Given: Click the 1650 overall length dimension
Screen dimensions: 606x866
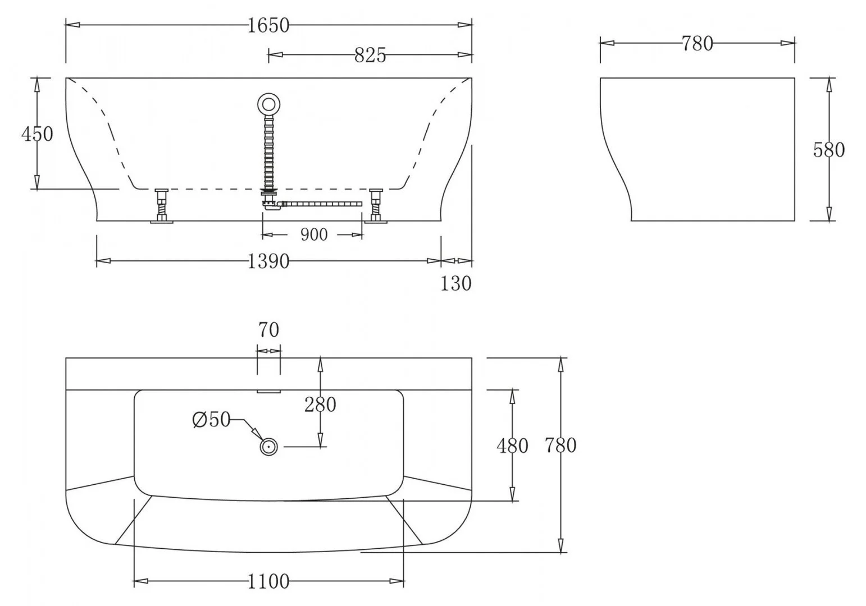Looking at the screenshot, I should [x=268, y=25].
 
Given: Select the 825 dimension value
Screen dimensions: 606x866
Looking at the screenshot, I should [x=370, y=55].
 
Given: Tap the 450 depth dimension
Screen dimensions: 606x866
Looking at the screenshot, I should [x=37, y=134].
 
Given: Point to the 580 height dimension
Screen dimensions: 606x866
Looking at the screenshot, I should [x=828, y=150].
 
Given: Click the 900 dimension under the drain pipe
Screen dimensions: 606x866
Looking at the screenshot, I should [x=313, y=235].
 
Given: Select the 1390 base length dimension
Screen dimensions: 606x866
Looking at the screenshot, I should [x=268, y=261].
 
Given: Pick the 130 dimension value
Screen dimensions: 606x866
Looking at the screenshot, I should [x=455, y=283].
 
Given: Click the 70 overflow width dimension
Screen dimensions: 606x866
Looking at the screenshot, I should [x=268, y=330].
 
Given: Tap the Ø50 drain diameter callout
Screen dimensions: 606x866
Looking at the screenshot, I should [x=211, y=419].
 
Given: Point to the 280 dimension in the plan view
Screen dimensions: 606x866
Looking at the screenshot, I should [x=320, y=404].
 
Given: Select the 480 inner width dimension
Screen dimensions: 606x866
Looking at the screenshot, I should [x=512, y=446].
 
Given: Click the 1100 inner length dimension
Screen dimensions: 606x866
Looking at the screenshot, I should [x=268, y=581].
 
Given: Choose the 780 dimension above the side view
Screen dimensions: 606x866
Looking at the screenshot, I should [x=697, y=43].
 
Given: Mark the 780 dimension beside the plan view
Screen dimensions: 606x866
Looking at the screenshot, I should [x=560, y=446].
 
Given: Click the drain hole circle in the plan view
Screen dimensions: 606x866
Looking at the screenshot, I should [x=269, y=447].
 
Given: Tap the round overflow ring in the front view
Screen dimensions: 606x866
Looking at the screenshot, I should [x=268, y=104].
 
